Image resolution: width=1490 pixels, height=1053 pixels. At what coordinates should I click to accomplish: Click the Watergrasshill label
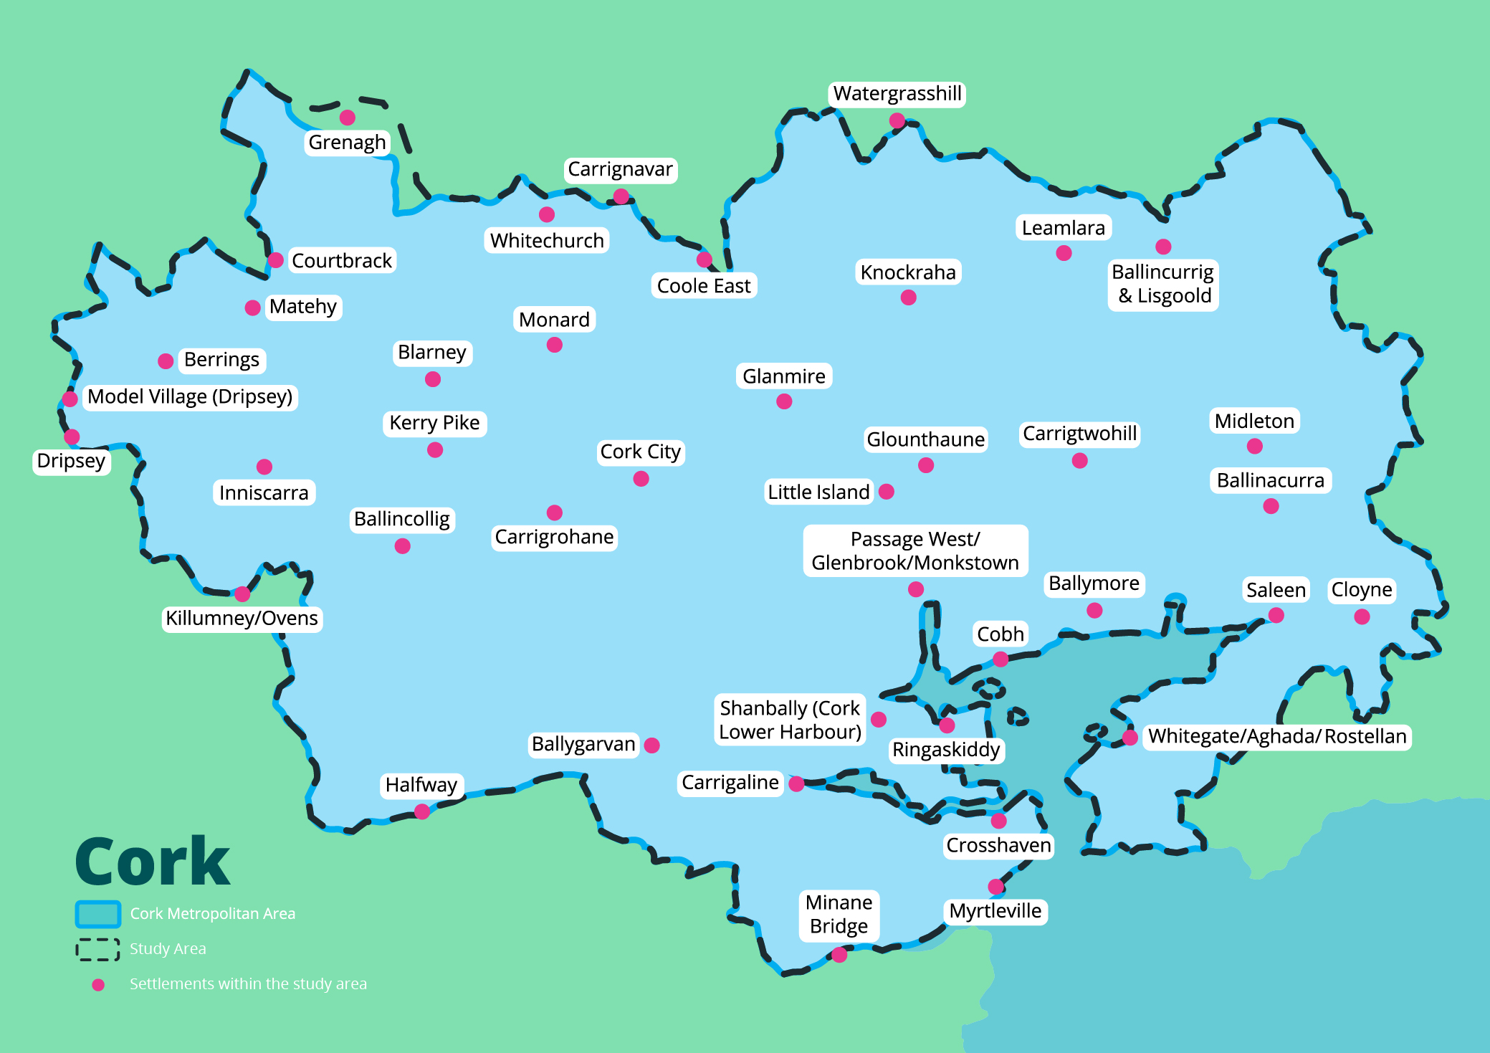(897, 94)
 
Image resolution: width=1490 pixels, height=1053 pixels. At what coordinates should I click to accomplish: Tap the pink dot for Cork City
(641, 479)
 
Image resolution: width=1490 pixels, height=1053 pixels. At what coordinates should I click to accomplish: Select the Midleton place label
(1254, 421)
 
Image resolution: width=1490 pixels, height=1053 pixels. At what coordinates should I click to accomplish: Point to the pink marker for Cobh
(1001, 659)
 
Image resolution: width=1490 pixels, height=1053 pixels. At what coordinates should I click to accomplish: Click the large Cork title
(152, 862)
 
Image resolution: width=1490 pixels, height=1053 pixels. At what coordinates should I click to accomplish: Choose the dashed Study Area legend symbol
(97, 949)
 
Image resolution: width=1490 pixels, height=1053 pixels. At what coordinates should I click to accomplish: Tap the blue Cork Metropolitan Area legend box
(97, 914)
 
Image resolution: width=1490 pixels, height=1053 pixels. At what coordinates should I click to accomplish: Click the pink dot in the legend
(98, 985)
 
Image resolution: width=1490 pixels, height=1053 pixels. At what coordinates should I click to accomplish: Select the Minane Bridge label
(839, 914)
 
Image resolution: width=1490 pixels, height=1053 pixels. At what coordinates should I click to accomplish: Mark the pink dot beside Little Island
(887, 492)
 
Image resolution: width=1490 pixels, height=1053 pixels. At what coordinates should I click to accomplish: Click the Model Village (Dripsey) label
(190, 397)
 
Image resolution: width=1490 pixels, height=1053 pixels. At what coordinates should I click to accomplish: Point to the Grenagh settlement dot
(348, 118)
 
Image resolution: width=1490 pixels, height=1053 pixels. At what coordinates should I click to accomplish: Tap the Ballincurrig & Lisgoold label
(1162, 284)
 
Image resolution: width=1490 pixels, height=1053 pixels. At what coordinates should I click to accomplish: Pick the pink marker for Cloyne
(1362, 616)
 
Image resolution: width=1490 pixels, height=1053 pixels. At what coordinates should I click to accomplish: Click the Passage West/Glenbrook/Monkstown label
(915, 551)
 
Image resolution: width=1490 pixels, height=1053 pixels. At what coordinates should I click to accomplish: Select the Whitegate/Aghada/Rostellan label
(1276, 737)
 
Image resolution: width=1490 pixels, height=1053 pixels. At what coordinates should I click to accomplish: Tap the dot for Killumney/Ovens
(242, 594)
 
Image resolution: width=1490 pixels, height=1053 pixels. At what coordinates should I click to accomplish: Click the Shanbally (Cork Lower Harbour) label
(790, 720)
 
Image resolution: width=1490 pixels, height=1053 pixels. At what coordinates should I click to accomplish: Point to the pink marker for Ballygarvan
(651, 745)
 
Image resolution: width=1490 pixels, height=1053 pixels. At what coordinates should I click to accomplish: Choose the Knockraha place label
(908, 272)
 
